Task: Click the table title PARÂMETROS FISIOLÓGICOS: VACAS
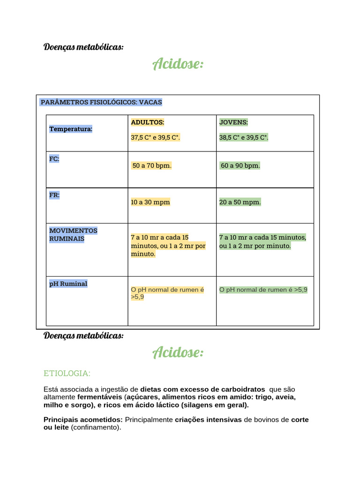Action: pyautogui.click(x=101, y=102)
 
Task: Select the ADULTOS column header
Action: pyautogui.click(x=148, y=122)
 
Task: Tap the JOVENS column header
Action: pyautogui.click(x=233, y=122)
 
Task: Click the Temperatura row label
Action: pyautogui.click(x=71, y=129)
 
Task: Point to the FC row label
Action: pyautogui.click(x=54, y=159)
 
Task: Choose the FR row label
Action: pyautogui.click(x=54, y=195)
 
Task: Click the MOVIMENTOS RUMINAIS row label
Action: pyautogui.click(x=73, y=235)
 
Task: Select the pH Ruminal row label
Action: pyautogui.click(x=68, y=284)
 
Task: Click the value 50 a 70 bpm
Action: pyautogui.click(x=152, y=165)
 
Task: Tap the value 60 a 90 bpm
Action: pyautogui.click(x=240, y=165)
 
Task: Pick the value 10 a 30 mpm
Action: pyautogui.click(x=150, y=202)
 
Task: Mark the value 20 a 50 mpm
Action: pyautogui.click(x=240, y=202)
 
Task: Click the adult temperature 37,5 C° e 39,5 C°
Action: pyautogui.click(x=156, y=137)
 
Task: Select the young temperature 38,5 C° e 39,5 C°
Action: pyautogui.click(x=244, y=137)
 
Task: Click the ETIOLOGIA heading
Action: pyautogui.click(x=67, y=373)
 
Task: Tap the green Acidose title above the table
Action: pyautogui.click(x=178, y=64)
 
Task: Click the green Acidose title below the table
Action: pyautogui.click(x=178, y=352)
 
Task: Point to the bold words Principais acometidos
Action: pyautogui.click(x=83, y=420)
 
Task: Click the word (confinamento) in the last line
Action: pyautogui.click(x=96, y=427)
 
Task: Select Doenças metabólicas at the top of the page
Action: pyautogui.click(x=83, y=47)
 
